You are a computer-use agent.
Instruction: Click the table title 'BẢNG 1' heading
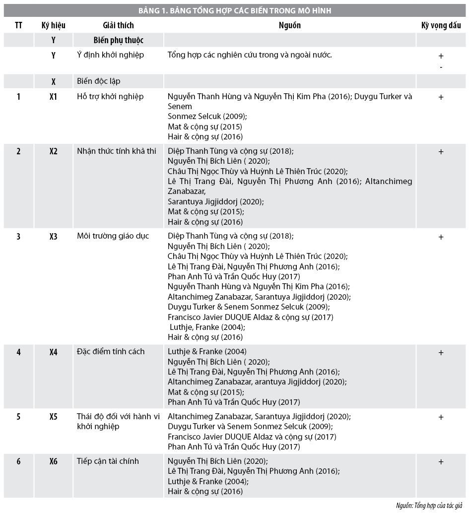point(235,10)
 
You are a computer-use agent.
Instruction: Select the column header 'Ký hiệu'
point(54,25)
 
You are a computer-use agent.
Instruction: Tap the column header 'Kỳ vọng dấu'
point(441,25)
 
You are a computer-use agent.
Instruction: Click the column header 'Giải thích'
point(118,25)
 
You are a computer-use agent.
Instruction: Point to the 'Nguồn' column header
point(289,25)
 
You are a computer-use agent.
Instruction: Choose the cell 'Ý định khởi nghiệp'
point(111,55)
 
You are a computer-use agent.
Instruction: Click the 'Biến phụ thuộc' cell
point(118,40)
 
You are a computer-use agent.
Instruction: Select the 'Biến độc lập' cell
point(99,81)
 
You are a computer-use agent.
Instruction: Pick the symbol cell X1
point(54,97)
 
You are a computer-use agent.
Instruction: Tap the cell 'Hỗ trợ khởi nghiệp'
point(110,97)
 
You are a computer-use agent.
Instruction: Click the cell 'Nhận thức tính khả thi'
point(117,151)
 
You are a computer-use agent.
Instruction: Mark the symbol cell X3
point(54,237)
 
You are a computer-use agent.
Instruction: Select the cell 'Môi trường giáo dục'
point(113,236)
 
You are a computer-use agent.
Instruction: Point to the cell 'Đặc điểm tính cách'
point(111,352)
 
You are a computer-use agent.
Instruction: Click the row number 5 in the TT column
point(18,417)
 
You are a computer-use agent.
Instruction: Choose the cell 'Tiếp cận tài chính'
point(108,461)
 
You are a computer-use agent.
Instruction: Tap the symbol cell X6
point(54,462)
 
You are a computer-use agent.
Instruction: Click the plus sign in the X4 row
point(441,353)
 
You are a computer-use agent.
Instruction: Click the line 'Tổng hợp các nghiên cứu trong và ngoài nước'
point(250,55)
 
